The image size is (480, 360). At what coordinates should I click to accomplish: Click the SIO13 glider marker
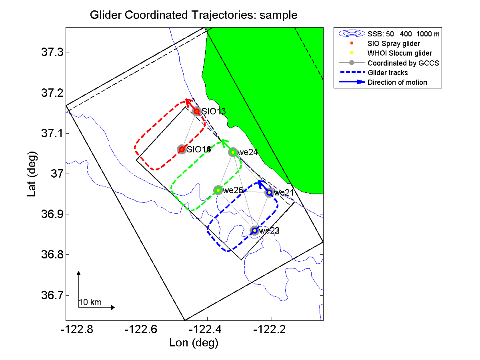click(x=196, y=111)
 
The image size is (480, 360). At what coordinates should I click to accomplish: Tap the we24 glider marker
click(x=233, y=152)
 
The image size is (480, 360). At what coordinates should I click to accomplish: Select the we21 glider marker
click(x=269, y=193)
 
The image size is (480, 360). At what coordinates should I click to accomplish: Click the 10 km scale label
click(x=90, y=302)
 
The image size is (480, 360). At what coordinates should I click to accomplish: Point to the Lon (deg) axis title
click(x=194, y=343)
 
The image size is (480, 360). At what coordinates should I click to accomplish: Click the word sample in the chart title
click(x=278, y=15)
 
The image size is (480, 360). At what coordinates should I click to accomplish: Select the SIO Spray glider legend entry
click(x=394, y=43)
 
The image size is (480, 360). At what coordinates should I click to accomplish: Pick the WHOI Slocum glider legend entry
click(x=400, y=53)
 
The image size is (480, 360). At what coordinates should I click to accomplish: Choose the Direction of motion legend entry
click(x=397, y=82)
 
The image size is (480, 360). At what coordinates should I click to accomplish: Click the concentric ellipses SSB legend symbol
click(x=351, y=34)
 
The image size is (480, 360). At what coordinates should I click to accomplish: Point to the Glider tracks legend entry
click(x=387, y=73)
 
